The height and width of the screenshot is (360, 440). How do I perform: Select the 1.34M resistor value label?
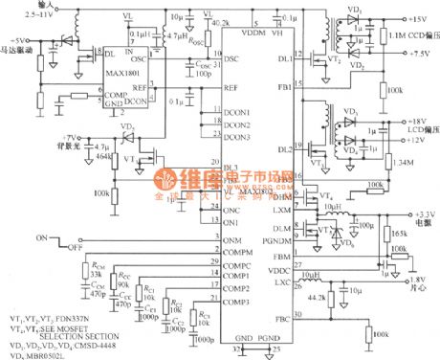click(405, 164)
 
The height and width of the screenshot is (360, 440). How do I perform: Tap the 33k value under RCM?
click(96, 275)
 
